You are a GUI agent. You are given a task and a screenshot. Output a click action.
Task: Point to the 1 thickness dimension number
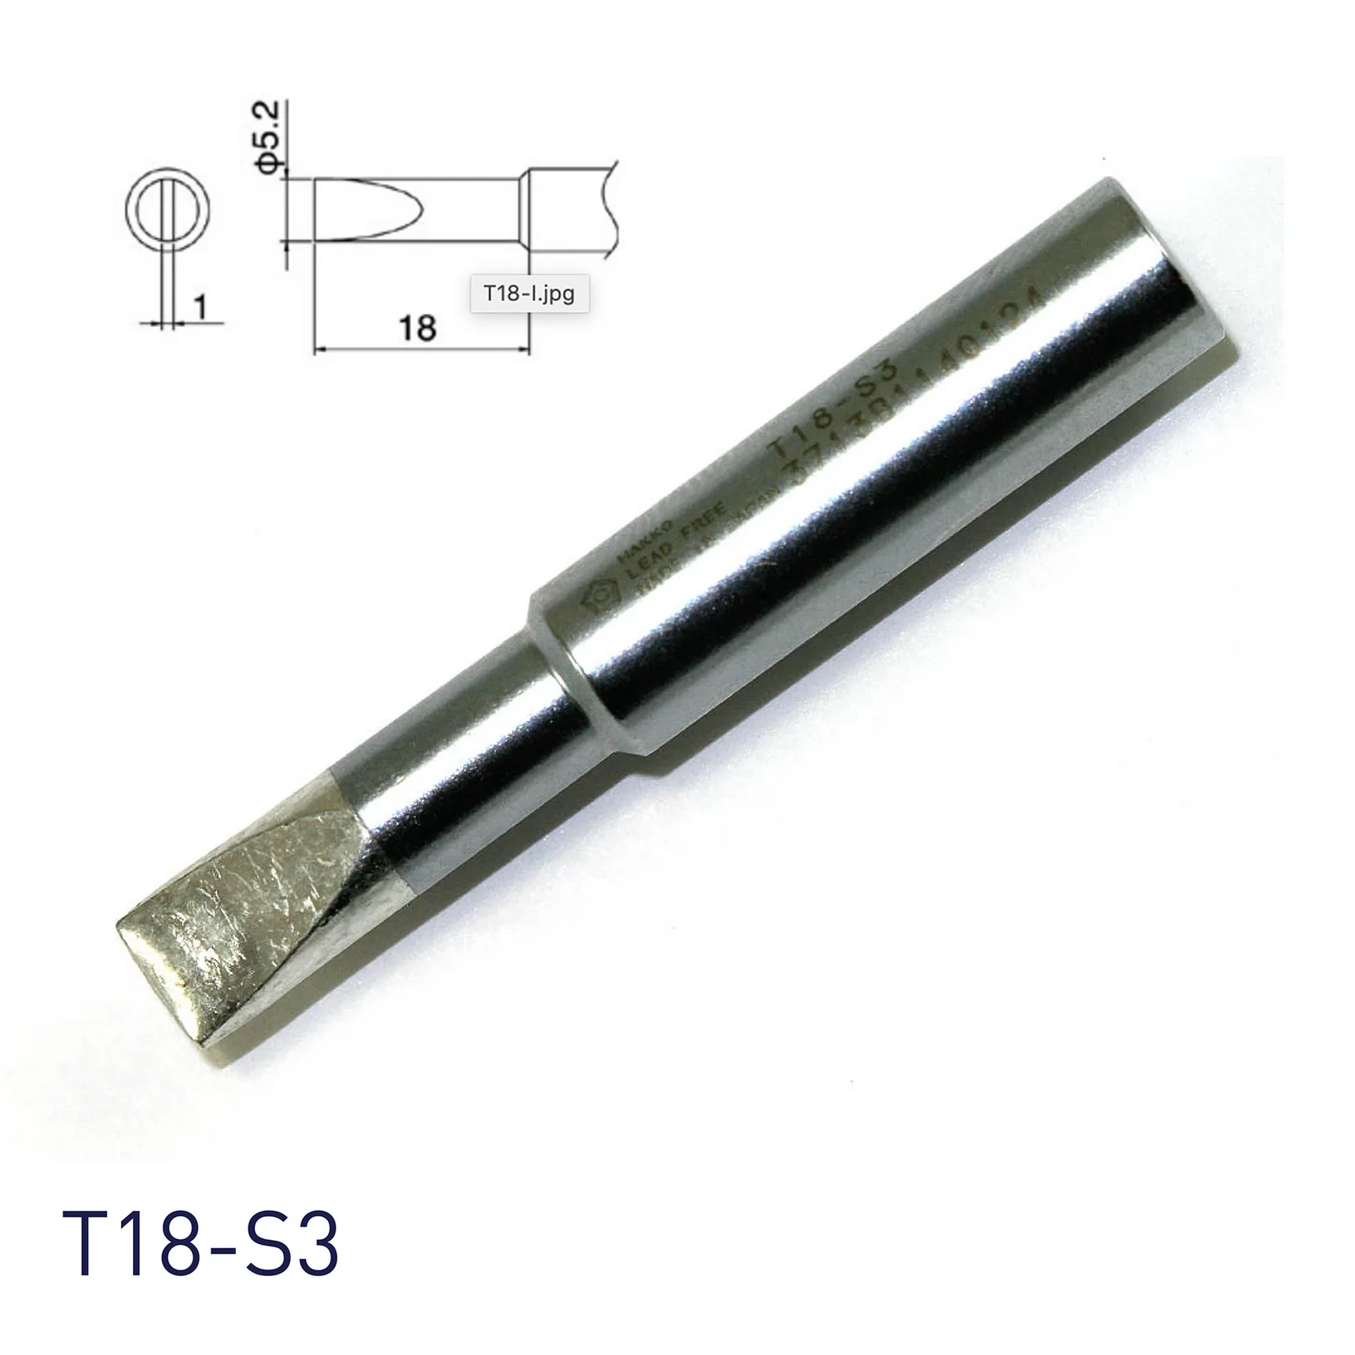tap(199, 308)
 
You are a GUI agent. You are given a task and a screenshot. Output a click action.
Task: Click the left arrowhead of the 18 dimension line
tap(321, 349)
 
